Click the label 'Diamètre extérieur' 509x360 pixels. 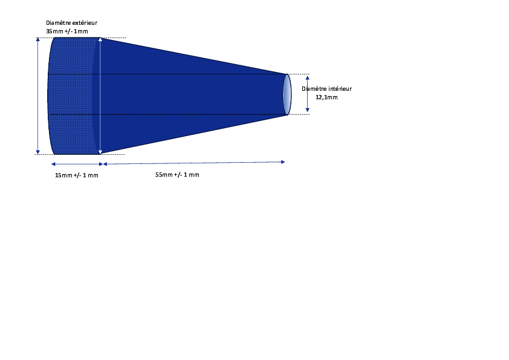[x=71, y=23]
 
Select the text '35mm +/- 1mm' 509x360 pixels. [x=67, y=31]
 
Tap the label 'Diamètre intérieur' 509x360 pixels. [x=326, y=89]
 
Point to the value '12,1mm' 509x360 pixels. [x=326, y=97]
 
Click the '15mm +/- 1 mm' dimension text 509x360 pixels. [x=77, y=175]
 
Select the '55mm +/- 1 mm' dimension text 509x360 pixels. [x=177, y=174]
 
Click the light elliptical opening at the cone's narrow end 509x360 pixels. [x=287, y=94]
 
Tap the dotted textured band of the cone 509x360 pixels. [x=73, y=96]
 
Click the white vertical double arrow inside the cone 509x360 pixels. [x=100, y=96]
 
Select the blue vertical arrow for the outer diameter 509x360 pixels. [x=38, y=96]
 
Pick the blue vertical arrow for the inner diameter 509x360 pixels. [x=308, y=94]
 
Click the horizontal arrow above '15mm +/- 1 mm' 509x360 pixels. [x=77, y=164]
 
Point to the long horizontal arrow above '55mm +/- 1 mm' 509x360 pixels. [x=194, y=163]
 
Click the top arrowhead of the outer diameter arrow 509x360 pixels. [x=38, y=40]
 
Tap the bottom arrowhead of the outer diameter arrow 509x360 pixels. [x=38, y=152]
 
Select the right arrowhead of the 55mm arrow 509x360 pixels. [x=283, y=162]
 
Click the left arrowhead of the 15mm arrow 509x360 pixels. [x=53, y=164]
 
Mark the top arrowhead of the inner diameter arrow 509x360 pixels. [x=308, y=78]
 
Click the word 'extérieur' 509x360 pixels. [x=85, y=23]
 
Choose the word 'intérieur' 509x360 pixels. [x=340, y=89]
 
